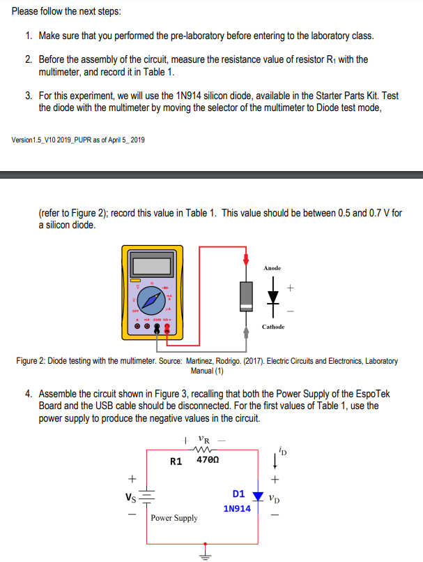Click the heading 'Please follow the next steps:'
[x=61, y=12]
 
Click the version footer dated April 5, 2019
[x=78, y=140]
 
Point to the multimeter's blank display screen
[x=153, y=265]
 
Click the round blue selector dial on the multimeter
[x=151, y=301]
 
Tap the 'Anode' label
[x=272, y=268]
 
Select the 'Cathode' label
[x=272, y=327]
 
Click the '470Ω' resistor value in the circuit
[x=208, y=461]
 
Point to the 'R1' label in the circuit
[x=176, y=461]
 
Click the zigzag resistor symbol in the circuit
[x=201, y=450]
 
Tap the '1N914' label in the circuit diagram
[x=237, y=509]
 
